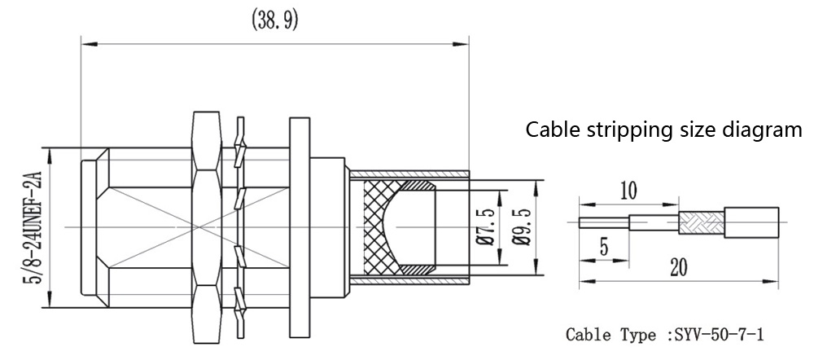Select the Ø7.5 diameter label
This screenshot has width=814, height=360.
(x=485, y=226)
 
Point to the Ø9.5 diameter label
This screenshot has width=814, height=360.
(x=522, y=226)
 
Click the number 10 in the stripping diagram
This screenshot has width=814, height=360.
(x=628, y=191)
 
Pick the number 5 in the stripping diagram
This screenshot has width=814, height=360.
(x=604, y=245)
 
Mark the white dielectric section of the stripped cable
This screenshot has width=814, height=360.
(x=654, y=220)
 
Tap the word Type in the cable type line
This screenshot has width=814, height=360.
(x=637, y=335)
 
